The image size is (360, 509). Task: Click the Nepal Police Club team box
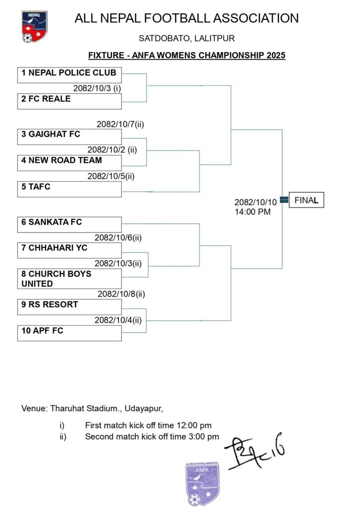[x=69, y=75]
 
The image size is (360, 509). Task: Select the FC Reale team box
[x=69, y=101]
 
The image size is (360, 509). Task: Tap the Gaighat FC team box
[x=69, y=137]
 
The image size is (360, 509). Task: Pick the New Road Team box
[x=69, y=163]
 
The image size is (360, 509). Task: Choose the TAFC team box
[x=69, y=189]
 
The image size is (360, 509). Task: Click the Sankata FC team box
[x=69, y=225]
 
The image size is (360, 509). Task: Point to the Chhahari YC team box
[x=69, y=251]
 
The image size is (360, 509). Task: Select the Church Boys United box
[x=69, y=279]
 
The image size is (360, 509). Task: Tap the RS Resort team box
[x=69, y=307]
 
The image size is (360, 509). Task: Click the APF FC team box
[x=69, y=333]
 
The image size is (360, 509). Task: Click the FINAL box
[x=306, y=200]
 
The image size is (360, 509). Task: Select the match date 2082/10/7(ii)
[x=120, y=124]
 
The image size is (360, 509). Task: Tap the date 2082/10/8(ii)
[x=121, y=294]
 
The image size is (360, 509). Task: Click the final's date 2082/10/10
[x=256, y=202]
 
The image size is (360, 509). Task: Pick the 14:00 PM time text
[x=253, y=211]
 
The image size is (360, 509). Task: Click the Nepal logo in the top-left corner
[x=34, y=27]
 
